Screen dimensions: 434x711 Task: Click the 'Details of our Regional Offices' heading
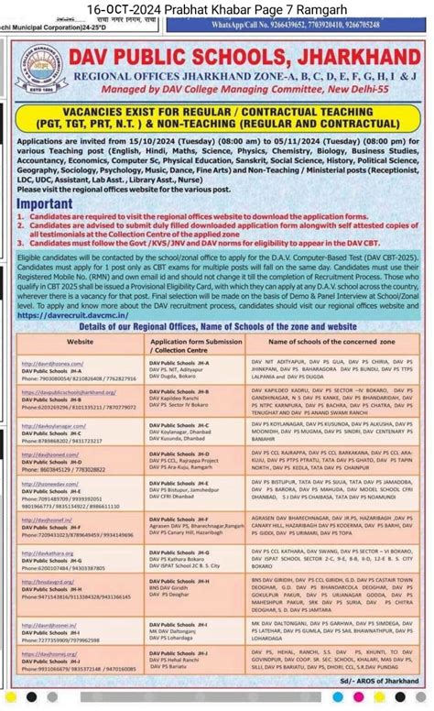pyautogui.click(x=217, y=326)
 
